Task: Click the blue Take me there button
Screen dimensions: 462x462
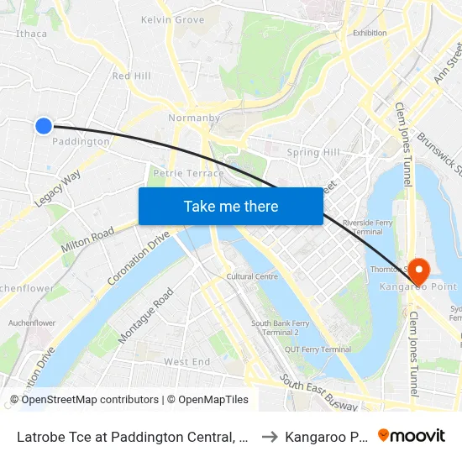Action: coord(231,206)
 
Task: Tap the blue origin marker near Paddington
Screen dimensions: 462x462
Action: coord(44,126)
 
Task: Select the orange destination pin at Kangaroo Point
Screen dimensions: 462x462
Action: coord(417,271)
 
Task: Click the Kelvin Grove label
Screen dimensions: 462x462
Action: coord(172,19)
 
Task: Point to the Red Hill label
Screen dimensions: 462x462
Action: coord(131,76)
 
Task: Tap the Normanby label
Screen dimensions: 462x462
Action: coord(193,118)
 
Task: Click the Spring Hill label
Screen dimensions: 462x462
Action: coord(313,153)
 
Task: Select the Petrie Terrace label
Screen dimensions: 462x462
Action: coord(189,174)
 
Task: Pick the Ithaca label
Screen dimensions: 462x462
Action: coord(32,34)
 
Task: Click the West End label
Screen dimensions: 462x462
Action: coord(186,362)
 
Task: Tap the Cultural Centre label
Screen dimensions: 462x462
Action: coord(252,276)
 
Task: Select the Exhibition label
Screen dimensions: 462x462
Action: coord(370,34)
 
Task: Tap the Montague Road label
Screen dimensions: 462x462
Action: coord(145,315)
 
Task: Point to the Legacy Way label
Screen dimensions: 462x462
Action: coord(57,189)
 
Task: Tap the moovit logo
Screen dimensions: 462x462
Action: coord(412,436)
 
